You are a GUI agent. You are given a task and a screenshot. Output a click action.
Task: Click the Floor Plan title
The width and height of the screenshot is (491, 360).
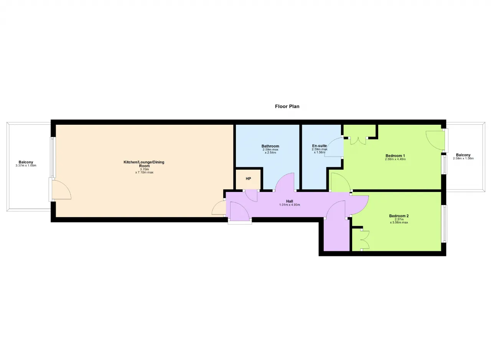click(x=287, y=107)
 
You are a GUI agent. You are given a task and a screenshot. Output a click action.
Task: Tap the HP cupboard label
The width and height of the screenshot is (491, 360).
click(x=248, y=179)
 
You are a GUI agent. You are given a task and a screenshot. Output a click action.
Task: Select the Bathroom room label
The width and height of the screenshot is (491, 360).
click(x=270, y=146)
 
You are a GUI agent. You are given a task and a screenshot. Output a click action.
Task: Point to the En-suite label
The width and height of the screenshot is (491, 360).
click(x=320, y=145)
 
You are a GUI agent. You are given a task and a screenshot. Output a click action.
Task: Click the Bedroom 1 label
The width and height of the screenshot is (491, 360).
click(x=395, y=156)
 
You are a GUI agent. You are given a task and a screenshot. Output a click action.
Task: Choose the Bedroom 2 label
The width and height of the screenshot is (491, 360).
click(x=399, y=216)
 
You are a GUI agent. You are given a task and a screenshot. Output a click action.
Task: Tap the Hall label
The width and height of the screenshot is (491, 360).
click(x=289, y=201)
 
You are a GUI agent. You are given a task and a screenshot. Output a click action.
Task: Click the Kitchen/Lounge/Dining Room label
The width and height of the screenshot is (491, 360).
click(x=144, y=164)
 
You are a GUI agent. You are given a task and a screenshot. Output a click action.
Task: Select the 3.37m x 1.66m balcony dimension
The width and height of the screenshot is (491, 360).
click(x=26, y=165)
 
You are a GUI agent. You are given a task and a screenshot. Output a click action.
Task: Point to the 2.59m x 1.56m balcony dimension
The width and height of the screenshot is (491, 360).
click(x=463, y=158)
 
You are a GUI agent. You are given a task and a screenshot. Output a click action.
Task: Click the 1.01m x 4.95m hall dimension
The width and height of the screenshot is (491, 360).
click(x=289, y=205)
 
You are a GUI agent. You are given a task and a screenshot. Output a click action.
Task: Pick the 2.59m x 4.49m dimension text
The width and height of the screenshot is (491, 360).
click(x=395, y=159)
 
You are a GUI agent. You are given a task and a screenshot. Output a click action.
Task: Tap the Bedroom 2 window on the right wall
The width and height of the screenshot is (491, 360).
click(x=444, y=223)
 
